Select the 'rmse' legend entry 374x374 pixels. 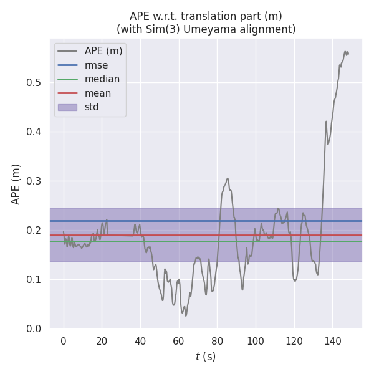tap(97, 65)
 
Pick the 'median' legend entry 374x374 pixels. tap(102, 79)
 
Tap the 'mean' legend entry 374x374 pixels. tap(98, 93)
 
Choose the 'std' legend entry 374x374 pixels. tap(92, 107)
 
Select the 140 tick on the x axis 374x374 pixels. tap(332, 341)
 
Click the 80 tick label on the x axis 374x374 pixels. tap(217, 341)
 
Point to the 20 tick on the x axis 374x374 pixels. tap(102, 341)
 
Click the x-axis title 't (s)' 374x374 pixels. tap(206, 357)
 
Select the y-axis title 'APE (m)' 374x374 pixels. tap(16, 184)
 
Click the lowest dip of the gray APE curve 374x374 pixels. tap(186, 315)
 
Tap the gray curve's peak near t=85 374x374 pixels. tap(228, 178)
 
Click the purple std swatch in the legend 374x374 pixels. tap(67, 107)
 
